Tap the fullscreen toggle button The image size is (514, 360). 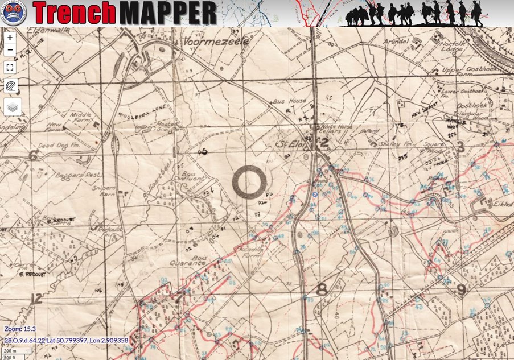click(10, 67)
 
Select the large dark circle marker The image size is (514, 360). click(249, 182)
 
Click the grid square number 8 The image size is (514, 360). click(322, 289)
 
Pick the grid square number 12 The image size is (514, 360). click(37, 298)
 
